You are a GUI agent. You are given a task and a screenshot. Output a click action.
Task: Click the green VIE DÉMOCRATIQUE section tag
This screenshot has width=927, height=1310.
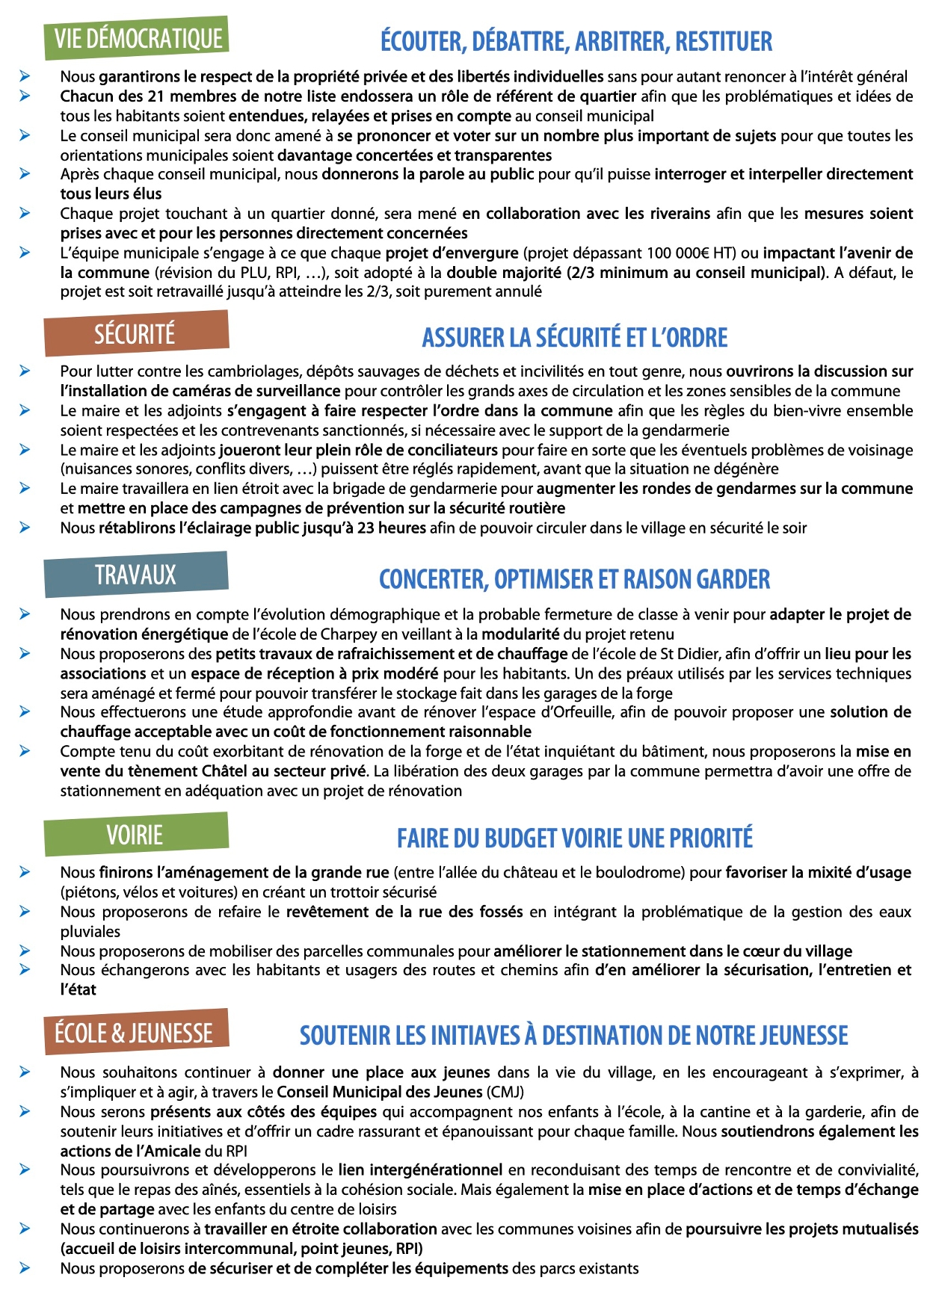coord(138,38)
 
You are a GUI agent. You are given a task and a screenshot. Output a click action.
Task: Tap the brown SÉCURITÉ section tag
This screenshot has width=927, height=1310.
coord(135,333)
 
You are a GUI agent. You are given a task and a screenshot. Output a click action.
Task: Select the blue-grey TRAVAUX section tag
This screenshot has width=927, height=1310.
coord(135,575)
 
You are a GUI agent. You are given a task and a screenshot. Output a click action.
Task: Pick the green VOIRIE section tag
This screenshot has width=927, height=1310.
coord(135,834)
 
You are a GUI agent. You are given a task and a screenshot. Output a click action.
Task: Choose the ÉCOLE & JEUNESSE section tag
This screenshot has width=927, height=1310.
coord(135,1032)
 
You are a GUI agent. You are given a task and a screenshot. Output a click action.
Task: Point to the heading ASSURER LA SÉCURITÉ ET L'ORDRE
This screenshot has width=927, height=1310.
coord(574,338)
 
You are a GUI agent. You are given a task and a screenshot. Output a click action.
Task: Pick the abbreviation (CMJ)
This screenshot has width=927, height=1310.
coord(505,1092)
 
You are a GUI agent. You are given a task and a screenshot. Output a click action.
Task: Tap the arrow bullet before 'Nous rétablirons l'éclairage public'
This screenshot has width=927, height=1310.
coord(25,528)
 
